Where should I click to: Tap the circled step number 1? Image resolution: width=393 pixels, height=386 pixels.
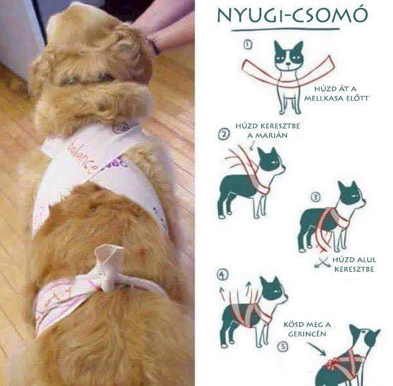[x=247, y=46]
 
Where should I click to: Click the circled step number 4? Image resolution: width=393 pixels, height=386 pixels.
[x=222, y=274]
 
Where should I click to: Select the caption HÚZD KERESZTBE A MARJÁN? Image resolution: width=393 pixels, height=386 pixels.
[x=262, y=131]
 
